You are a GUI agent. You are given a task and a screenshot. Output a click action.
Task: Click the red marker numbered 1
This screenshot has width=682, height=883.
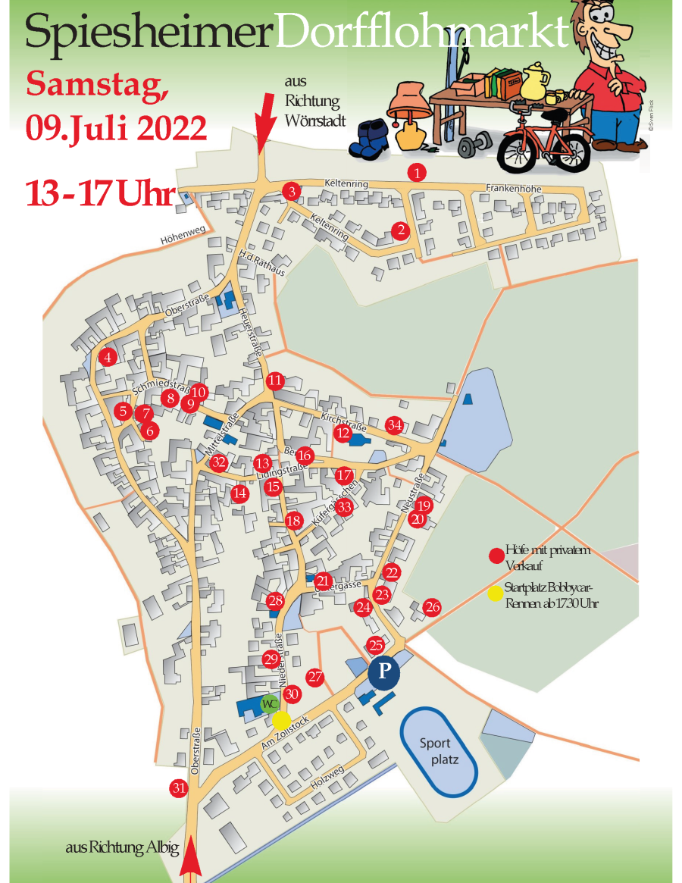[x=417, y=173]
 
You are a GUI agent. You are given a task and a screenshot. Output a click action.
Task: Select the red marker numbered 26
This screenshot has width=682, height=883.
[x=432, y=606]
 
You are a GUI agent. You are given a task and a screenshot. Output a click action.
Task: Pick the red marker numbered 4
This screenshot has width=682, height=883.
[x=108, y=357]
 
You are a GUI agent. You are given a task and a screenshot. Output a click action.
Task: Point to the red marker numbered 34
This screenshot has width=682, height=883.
[x=394, y=424]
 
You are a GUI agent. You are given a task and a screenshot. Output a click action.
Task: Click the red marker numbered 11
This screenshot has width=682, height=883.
[x=274, y=380]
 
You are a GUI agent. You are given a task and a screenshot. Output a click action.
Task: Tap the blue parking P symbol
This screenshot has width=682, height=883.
[x=384, y=671]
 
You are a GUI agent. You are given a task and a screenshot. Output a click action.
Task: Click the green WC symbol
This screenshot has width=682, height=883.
[x=268, y=704]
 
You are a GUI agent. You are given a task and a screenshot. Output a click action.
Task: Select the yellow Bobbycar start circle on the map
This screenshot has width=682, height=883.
[x=281, y=720]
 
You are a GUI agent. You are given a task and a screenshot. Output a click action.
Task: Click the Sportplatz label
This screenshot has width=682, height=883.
[x=439, y=751]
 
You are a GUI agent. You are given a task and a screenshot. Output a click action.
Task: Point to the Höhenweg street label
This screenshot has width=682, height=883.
[x=183, y=239]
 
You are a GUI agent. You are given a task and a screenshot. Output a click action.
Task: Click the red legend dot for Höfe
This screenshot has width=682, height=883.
[x=496, y=556]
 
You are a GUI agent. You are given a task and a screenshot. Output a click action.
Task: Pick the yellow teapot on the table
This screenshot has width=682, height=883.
[x=537, y=80]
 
